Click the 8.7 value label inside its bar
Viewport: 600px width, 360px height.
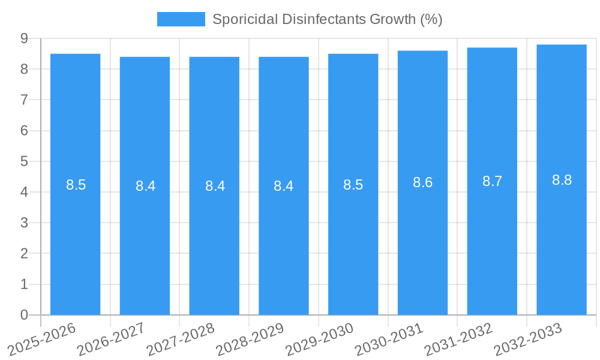[492, 182]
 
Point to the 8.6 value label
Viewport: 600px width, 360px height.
[422, 183]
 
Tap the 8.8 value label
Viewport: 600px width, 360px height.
[562, 180]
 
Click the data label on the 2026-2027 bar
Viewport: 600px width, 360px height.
[145, 186]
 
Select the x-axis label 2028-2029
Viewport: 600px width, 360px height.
[250, 339]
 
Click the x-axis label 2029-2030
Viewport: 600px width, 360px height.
[319, 339]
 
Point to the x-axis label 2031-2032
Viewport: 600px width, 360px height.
[458, 339]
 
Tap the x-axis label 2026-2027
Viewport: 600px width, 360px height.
[110, 339]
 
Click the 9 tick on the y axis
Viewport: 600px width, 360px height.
[24, 38]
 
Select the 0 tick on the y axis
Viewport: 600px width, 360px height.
[24, 315]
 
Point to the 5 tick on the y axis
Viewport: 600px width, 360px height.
[24, 161]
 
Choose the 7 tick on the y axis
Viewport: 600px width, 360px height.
[24, 100]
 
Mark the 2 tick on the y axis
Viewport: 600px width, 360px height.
[24, 253]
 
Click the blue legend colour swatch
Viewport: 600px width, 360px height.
[181, 19]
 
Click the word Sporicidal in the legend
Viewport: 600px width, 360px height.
[239, 19]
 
